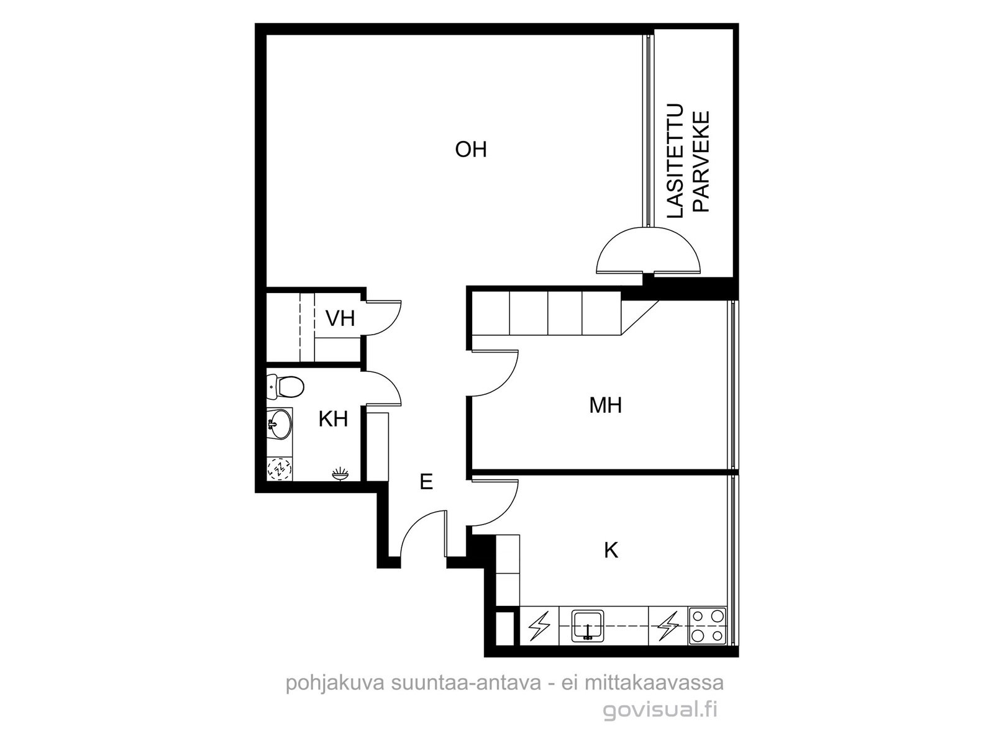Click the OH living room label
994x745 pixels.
point(471,149)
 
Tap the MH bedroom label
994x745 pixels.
point(606,405)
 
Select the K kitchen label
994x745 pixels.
point(611,551)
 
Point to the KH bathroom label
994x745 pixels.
point(333,419)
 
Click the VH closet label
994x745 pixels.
point(340,318)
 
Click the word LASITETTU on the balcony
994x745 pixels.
point(675,161)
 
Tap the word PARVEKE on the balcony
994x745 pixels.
point(701,162)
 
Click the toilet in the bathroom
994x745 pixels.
point(285,387)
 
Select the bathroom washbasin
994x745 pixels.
point(280,424)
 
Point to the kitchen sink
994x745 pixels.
point(588,626)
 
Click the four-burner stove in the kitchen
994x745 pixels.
point(708,626)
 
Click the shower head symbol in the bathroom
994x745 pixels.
point(340,474)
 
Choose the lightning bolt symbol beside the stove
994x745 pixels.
point(668,626)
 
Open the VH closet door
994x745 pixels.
point(383,318)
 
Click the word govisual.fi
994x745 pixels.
point(660,711)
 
